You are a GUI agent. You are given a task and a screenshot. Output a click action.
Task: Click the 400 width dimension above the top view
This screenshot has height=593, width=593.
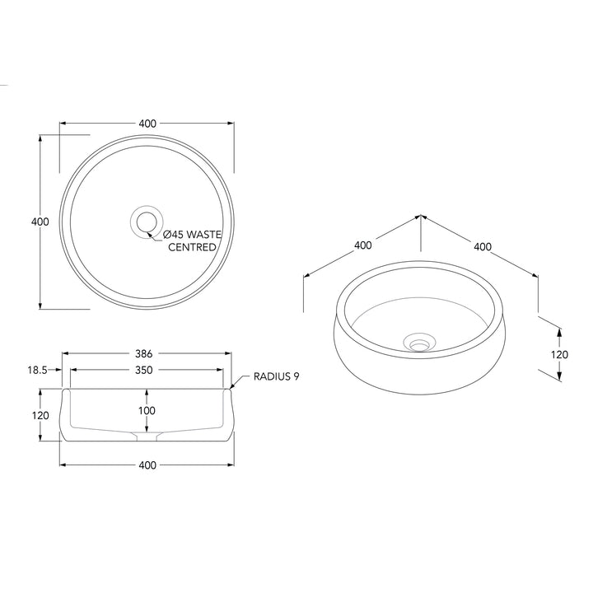tap(147, 124)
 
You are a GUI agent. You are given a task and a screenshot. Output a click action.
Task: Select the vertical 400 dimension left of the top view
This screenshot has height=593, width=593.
tap(40, 222)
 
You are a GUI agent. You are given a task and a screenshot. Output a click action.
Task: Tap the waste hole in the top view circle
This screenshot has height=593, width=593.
tap(147, 222)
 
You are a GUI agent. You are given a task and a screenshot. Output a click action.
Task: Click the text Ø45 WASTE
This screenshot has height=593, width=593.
tap(192, 235)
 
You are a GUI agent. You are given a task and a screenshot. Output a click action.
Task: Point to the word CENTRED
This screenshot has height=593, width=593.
tap(193, 247)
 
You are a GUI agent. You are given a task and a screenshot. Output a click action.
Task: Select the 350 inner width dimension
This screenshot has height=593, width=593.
tap(143, 371)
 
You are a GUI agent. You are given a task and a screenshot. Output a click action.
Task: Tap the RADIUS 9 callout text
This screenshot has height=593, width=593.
tap(276, 376)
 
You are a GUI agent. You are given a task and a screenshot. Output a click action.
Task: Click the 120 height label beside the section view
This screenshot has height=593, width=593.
tap(40, 415)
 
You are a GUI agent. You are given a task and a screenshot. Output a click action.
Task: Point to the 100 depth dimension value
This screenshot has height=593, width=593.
tap(147, 410)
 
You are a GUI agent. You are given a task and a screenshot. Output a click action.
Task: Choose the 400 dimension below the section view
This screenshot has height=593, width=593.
tap(147, 465)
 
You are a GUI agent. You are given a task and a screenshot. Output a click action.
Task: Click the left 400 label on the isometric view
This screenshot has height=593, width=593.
tap(362, 245)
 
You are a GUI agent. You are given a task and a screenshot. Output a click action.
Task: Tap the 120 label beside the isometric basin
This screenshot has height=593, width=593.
tap(559, 354)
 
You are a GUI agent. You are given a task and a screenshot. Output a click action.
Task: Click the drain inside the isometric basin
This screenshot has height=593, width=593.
tap(420, 340)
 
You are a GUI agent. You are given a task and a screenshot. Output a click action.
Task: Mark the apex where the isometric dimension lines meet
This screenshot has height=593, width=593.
tap(420, 216)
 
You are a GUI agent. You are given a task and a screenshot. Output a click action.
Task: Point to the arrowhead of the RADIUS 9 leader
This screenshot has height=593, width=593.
tap(233, 384)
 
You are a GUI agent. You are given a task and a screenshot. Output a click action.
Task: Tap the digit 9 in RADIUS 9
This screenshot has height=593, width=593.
tap(296, 376)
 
